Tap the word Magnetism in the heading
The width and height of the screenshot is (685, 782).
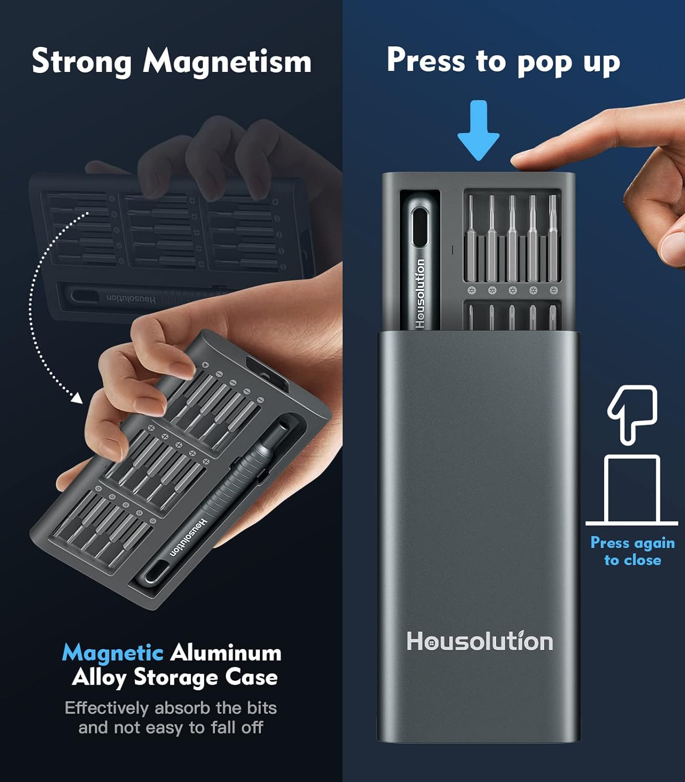227,61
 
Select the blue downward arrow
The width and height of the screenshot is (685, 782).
478,130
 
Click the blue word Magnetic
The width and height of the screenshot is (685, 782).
113,652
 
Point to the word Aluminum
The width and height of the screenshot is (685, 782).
226,652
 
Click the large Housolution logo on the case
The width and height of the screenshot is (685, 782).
479,641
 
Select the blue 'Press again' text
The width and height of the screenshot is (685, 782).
633,543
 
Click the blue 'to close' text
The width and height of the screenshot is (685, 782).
633,560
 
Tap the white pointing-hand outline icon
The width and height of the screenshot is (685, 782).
633,414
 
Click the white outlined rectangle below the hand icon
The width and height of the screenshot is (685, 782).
632,489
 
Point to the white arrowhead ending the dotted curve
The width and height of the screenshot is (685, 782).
78,398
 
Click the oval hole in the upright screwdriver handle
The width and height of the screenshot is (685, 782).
419,227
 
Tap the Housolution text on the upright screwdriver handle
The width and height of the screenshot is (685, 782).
420,294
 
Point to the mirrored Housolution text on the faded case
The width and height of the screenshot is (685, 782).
131,299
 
